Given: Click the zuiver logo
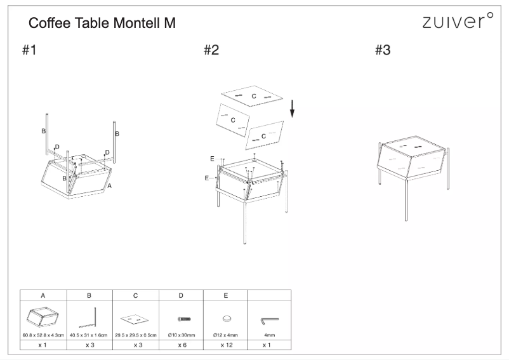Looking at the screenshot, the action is [x=458, y=20].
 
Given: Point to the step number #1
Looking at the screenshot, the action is [x=29, y=50].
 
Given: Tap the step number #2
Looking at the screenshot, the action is [x=211, y=50].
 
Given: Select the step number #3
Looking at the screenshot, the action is [x=383, y=50].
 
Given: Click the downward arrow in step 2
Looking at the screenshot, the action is [x=292, y=109].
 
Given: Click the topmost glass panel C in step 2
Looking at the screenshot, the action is [x=252, y=96].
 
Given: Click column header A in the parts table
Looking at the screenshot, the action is [x=43, y=295].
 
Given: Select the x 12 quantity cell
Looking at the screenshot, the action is [x=227, y=345].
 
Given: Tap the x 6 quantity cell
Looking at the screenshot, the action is [x=182, y=345].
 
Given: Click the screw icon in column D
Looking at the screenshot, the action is [x=184, y=319].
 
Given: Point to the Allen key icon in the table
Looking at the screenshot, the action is [x=270, y=321].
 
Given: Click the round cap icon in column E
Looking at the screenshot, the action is [x=227, y=319].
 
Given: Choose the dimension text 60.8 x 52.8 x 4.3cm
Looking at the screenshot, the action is [x=43, y=335].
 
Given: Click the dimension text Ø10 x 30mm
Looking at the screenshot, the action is [x=182, y=335].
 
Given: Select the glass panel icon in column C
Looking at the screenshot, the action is [x=135, y=319].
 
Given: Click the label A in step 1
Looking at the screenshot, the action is [x=109, y=185].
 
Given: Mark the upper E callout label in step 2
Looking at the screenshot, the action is [x=212, y=159].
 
